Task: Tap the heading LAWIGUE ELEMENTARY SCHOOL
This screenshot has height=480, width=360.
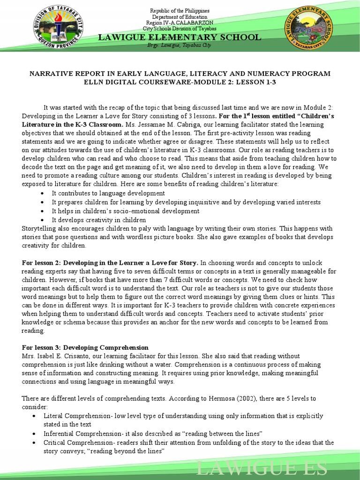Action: pos(180,37)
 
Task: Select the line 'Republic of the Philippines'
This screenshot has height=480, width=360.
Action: pos(180,11)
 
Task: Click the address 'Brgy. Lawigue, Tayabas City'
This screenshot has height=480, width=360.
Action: pos(180,46)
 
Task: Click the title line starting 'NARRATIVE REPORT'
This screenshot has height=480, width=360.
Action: pos(180,74)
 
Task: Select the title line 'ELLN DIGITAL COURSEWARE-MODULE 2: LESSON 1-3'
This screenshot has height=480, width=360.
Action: pos(180,82)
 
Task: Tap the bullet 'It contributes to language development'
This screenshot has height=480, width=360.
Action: pos(108,193)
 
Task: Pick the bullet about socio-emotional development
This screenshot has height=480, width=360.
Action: pos(125,211)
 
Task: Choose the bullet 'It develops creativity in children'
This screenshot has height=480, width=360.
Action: pos(98,220)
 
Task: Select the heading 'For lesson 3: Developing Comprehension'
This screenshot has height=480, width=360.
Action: pos(85,347)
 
